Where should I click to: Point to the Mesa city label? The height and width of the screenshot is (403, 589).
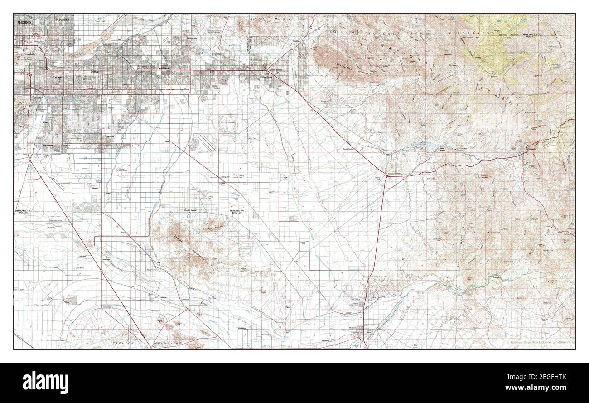95,72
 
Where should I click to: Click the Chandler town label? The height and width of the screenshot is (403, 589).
110,136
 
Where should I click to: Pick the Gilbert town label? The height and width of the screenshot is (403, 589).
126,111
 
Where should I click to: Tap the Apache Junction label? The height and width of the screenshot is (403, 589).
276,70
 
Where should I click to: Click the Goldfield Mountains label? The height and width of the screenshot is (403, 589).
272,19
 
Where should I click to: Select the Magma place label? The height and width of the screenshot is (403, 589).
299,262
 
